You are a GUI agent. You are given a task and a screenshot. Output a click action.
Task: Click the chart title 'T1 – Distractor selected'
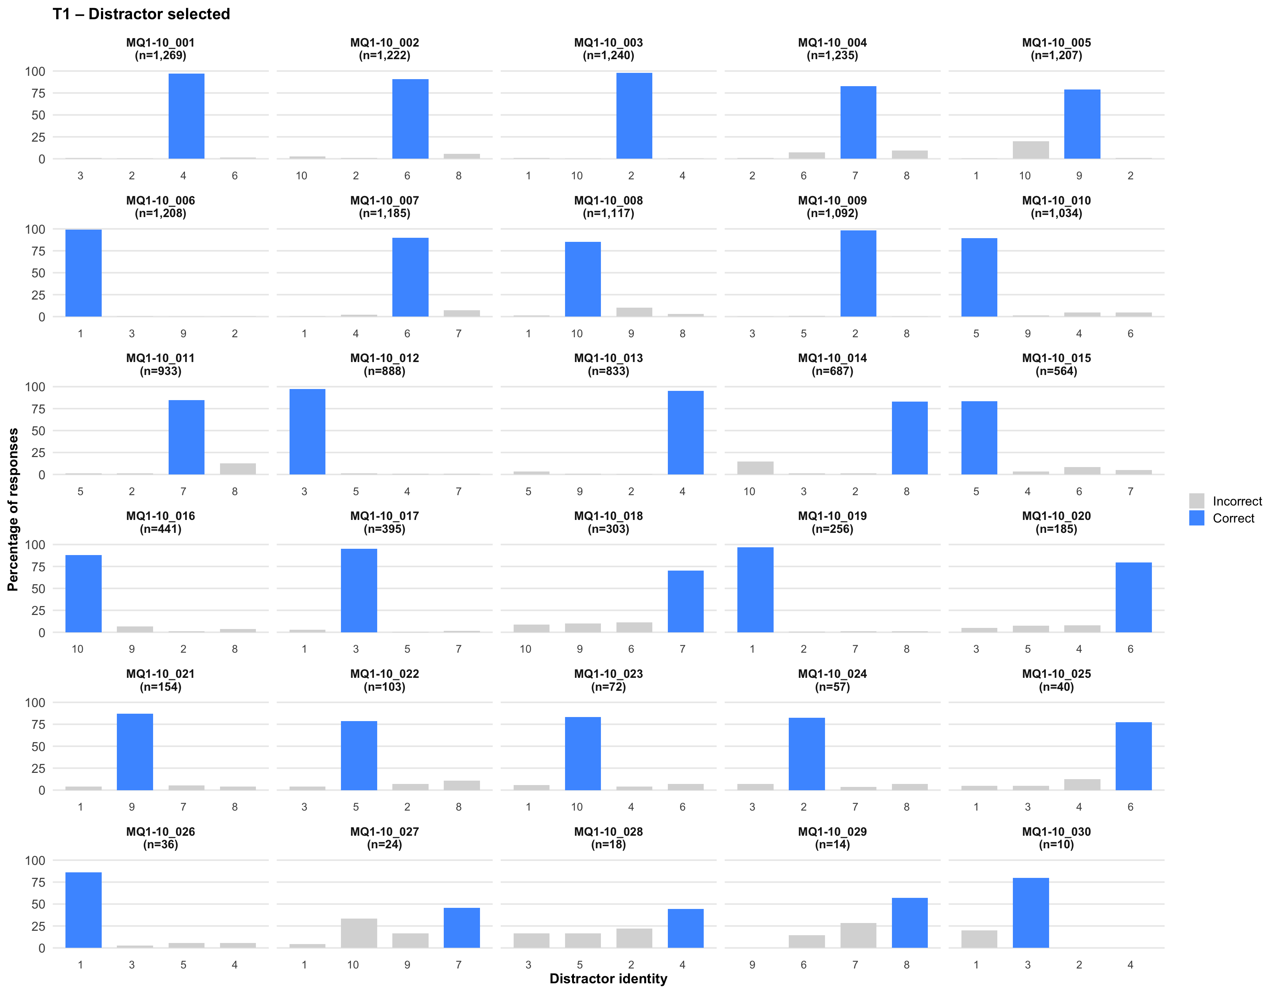coord(141,14)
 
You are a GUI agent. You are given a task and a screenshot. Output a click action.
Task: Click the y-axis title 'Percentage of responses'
coord(13,509)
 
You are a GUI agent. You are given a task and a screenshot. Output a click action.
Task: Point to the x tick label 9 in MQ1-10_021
coord(132,807)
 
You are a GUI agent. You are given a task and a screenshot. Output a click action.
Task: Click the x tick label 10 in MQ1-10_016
coord(78,649)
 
